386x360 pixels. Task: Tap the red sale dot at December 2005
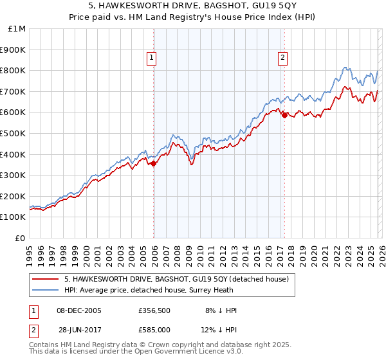tap(154, 163)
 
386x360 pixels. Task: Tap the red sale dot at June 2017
tap(284, 115)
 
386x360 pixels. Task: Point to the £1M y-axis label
tap(17, 29)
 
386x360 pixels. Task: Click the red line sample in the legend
tap(46, 279)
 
